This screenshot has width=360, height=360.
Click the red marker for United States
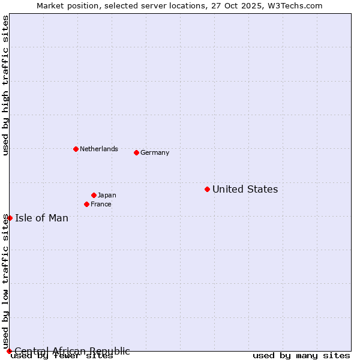pyautogui.click(x=207, y=189)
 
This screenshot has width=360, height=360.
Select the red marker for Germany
pyautogui.click(x=136, y=152)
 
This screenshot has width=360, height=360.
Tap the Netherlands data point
pyautogui.click(x=76, y=149)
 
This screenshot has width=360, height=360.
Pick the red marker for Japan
pyautogui.click(x=94, y=195)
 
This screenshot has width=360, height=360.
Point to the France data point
pyautogui.click(x=86, y=204)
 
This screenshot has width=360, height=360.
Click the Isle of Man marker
pyautogui.click(x=10, y=218)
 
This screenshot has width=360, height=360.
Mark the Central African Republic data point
pyautogui.click(x=9, y=351)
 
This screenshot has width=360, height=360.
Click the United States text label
pyautogui.click(x=245, y=190)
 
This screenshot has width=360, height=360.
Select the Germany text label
pyautogui.click(x=155, y=153)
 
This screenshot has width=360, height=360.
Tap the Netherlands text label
pyautogui.click(x=99, y=149)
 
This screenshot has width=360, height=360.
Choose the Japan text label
pyautogui.click(x=107, y=196)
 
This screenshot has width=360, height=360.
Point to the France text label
pyautogui.click(x=101, y=205)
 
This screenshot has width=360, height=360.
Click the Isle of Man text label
pyautogui.click(x=41, y=218)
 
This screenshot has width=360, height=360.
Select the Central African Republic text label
pyautogui.click(x=72, y=351)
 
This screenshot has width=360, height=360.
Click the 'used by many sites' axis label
pyautogui.click(x=301, y=356)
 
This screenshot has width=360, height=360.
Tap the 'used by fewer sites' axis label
pyautogui.click(x=62, y=356)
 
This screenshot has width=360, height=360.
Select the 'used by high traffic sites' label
pyautogui.click(x=5, y=85)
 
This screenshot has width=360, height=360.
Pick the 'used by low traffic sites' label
pyautogui.click(x=5, y=281)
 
